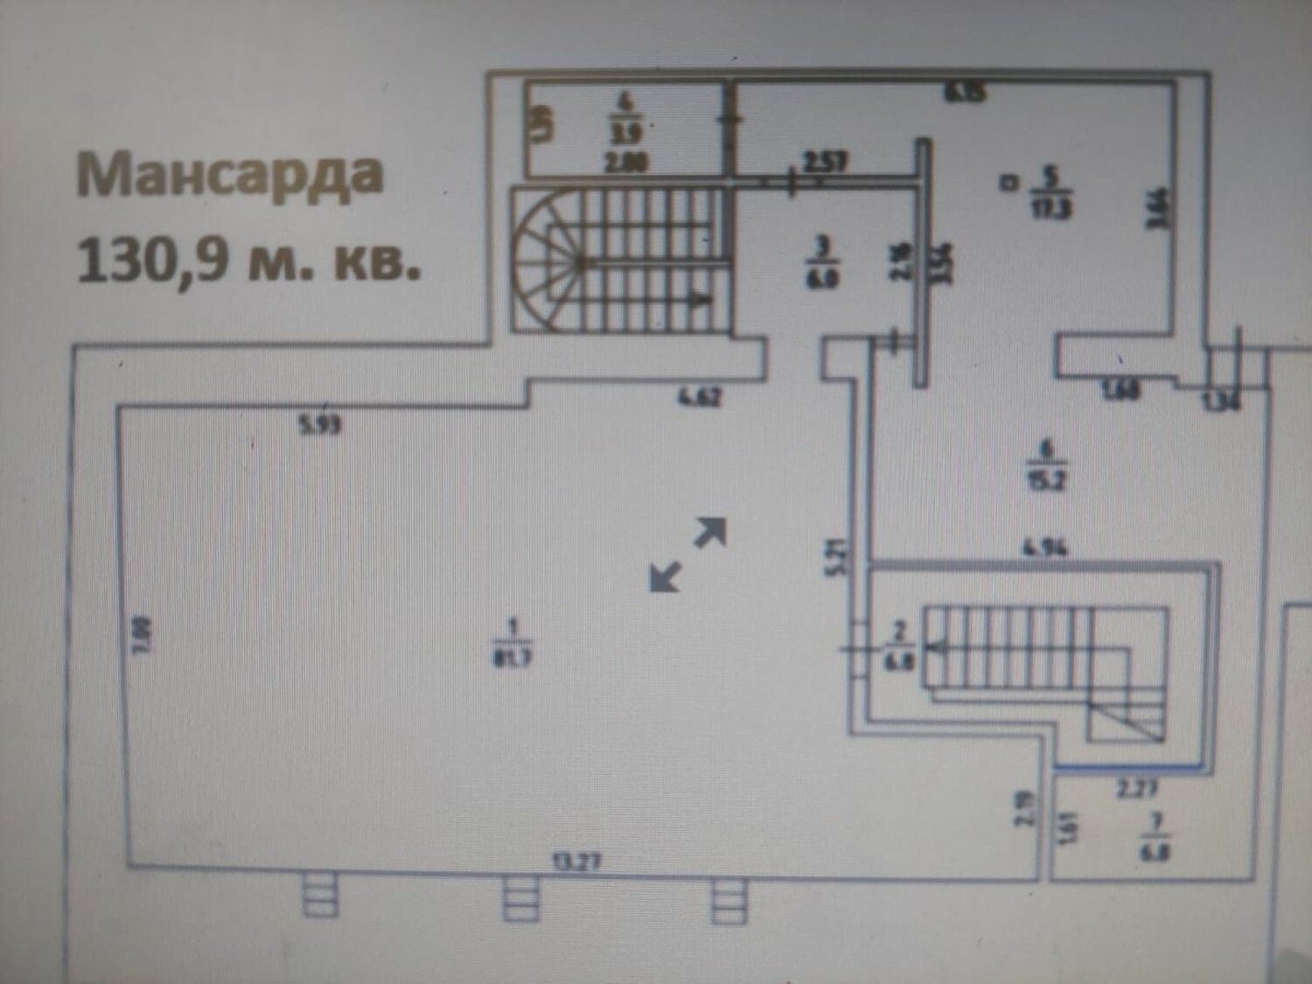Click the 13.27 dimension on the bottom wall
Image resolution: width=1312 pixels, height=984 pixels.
click(x=576, y=861)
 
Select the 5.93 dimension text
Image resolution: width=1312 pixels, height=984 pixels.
click(x=320, y=426)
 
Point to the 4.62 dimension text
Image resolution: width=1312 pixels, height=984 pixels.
click(x=700, y=399)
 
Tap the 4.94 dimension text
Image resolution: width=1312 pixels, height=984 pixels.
click(x=1045, y=548)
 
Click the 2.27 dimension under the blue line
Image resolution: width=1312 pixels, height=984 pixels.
click(x=1137, y=789)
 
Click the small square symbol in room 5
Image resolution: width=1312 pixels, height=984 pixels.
click(x=1009, y=183)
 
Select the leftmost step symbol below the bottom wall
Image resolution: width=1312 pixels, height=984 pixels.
click(x=320, y=897)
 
